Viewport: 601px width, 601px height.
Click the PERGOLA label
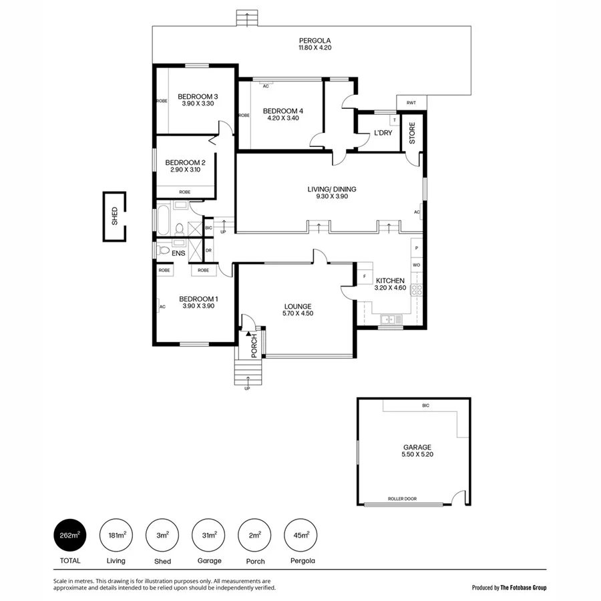click(315, 40)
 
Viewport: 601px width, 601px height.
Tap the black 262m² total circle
click(70, 536)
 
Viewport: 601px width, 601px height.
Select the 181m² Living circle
click(116, 536)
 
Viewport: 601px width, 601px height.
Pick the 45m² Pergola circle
click(300, 536)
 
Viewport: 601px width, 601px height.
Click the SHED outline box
click(114, 216)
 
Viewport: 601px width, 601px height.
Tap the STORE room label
click(412, 133)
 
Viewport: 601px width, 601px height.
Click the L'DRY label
click(383, 133)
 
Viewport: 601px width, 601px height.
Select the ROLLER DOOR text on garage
click(403, 499)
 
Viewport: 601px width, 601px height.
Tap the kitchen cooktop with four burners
click(416, 290)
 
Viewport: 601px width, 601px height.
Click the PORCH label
click(254, 345)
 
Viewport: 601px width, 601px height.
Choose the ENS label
click(178, 253)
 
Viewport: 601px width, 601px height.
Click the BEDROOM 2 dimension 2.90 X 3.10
click(185, 170)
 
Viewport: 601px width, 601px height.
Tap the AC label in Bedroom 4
click(266, 86)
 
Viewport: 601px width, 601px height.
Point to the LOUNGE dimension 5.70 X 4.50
click(298, 313)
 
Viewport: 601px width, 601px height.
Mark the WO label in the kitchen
click(416, 265)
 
